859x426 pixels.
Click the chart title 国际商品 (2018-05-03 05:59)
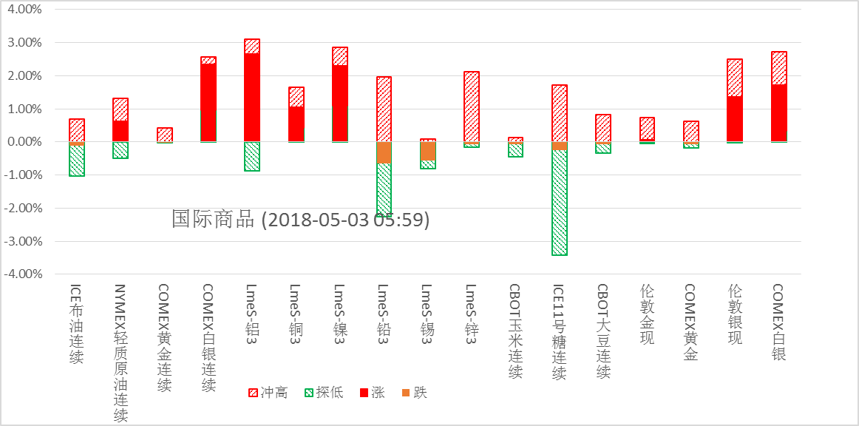tap(300, 220)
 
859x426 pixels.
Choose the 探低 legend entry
tap(324, 393)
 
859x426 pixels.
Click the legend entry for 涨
tap(372, 393)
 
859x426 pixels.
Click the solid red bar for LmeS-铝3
tap(252, 97)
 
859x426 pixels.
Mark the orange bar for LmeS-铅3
tap(384, 152)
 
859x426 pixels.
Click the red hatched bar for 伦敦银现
tap(735, 78)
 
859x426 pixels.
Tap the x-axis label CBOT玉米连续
tap(515, 331)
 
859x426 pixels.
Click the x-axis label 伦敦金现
tap(647, 315)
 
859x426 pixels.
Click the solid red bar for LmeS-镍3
tap(340, 104)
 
